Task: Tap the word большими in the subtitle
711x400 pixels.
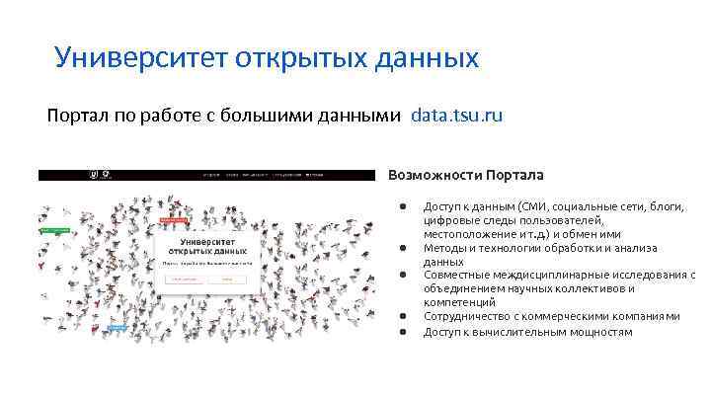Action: [270, 116]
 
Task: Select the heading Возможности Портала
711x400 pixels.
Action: [465, 175]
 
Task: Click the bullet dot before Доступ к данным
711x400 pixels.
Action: [404, 206]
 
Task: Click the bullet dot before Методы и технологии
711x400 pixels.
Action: [404, 248]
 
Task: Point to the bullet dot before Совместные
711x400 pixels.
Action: [404, 276]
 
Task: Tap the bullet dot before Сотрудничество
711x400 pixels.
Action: [404, 317]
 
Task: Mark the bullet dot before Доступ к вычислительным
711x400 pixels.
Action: [404, 331]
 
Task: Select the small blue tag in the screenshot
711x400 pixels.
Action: [117, 327]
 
